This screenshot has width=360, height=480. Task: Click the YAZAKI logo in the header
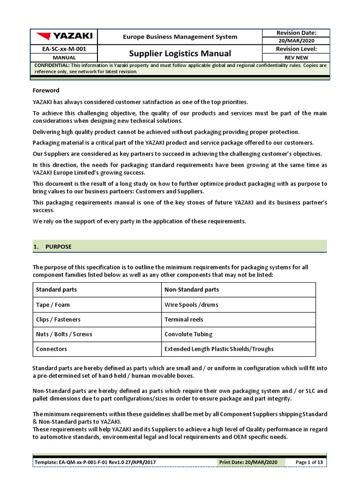tap(64, 36)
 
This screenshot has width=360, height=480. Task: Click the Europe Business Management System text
tap(180, 37)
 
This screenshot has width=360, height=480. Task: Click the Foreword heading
tap(46, 90)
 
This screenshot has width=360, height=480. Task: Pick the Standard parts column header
tap(56, 290)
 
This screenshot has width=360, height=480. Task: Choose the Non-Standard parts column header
tap(191, 290)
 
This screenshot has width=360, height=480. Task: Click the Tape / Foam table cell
tap(52, 305)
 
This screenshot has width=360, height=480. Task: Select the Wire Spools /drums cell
tap(191, 305)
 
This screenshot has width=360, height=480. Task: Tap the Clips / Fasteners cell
tap(58, 319)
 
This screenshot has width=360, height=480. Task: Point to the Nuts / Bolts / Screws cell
tap(64, 334)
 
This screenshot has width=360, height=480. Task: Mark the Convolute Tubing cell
tap(188, 334)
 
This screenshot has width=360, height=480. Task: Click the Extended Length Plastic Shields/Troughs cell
tap(219, 349)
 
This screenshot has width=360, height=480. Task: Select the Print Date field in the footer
tap(252, 462)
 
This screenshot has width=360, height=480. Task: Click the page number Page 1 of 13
tap(309, 462)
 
